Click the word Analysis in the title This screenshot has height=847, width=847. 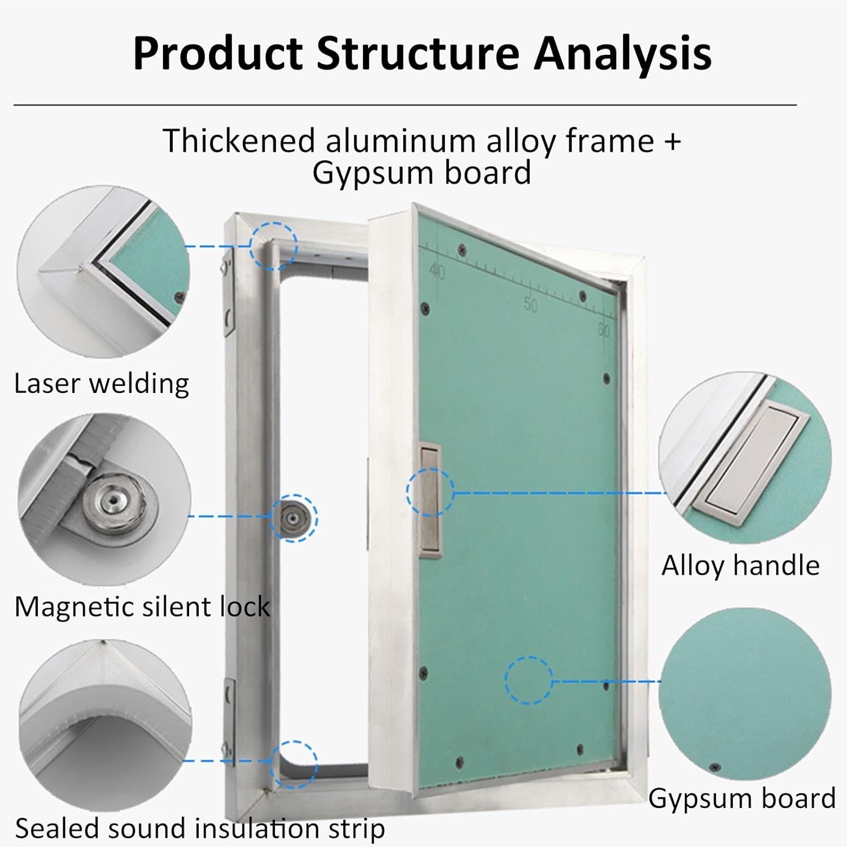[x=622, y=54]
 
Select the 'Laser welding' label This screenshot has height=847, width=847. [x=102, y=384]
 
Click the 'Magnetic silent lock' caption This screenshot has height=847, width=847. [x=142, y=607]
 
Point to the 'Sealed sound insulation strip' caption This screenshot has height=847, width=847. [x=200, y=828]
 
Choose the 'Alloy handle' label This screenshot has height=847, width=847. [x=740, y=565]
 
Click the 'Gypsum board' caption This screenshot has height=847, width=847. [x=741, y=798]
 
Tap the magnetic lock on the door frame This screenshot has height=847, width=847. [x=292, y=517]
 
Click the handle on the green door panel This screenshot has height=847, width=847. [x=430, y=497]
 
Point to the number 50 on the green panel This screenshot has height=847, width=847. [x=530, y=304]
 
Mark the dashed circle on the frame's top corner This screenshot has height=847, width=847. [x=273, y=246]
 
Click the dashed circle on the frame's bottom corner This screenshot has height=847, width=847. [x=294, y=764]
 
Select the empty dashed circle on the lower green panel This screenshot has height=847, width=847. [x=529, y=680]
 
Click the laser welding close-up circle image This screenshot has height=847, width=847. [x=103, y=272]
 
